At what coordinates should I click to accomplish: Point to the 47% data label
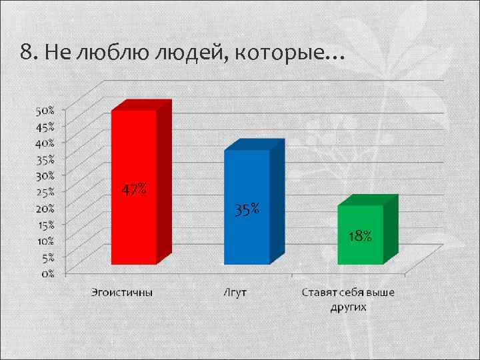pyautogui.click(x=134, y=190)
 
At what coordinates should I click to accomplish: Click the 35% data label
pyautogui.click(x=247, y=210)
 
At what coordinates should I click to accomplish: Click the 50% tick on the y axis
pyautogui.click(x=45, y=109)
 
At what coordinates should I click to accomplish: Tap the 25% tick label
pyautogui.click(x=45, y=191)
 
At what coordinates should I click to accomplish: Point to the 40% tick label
pyautogui.click(x=45, y=142)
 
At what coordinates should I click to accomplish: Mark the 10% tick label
pyautogui.click(x=45, y=239)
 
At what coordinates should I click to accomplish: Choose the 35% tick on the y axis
pyautogui.click(x=45, y=159)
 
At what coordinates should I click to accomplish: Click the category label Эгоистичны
pyautogui.click(x=122, y=292)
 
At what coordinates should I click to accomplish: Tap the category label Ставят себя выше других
pyautogui.click(x=348, y=299)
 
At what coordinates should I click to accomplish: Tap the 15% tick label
pyautogui.click(x=45, y=223)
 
